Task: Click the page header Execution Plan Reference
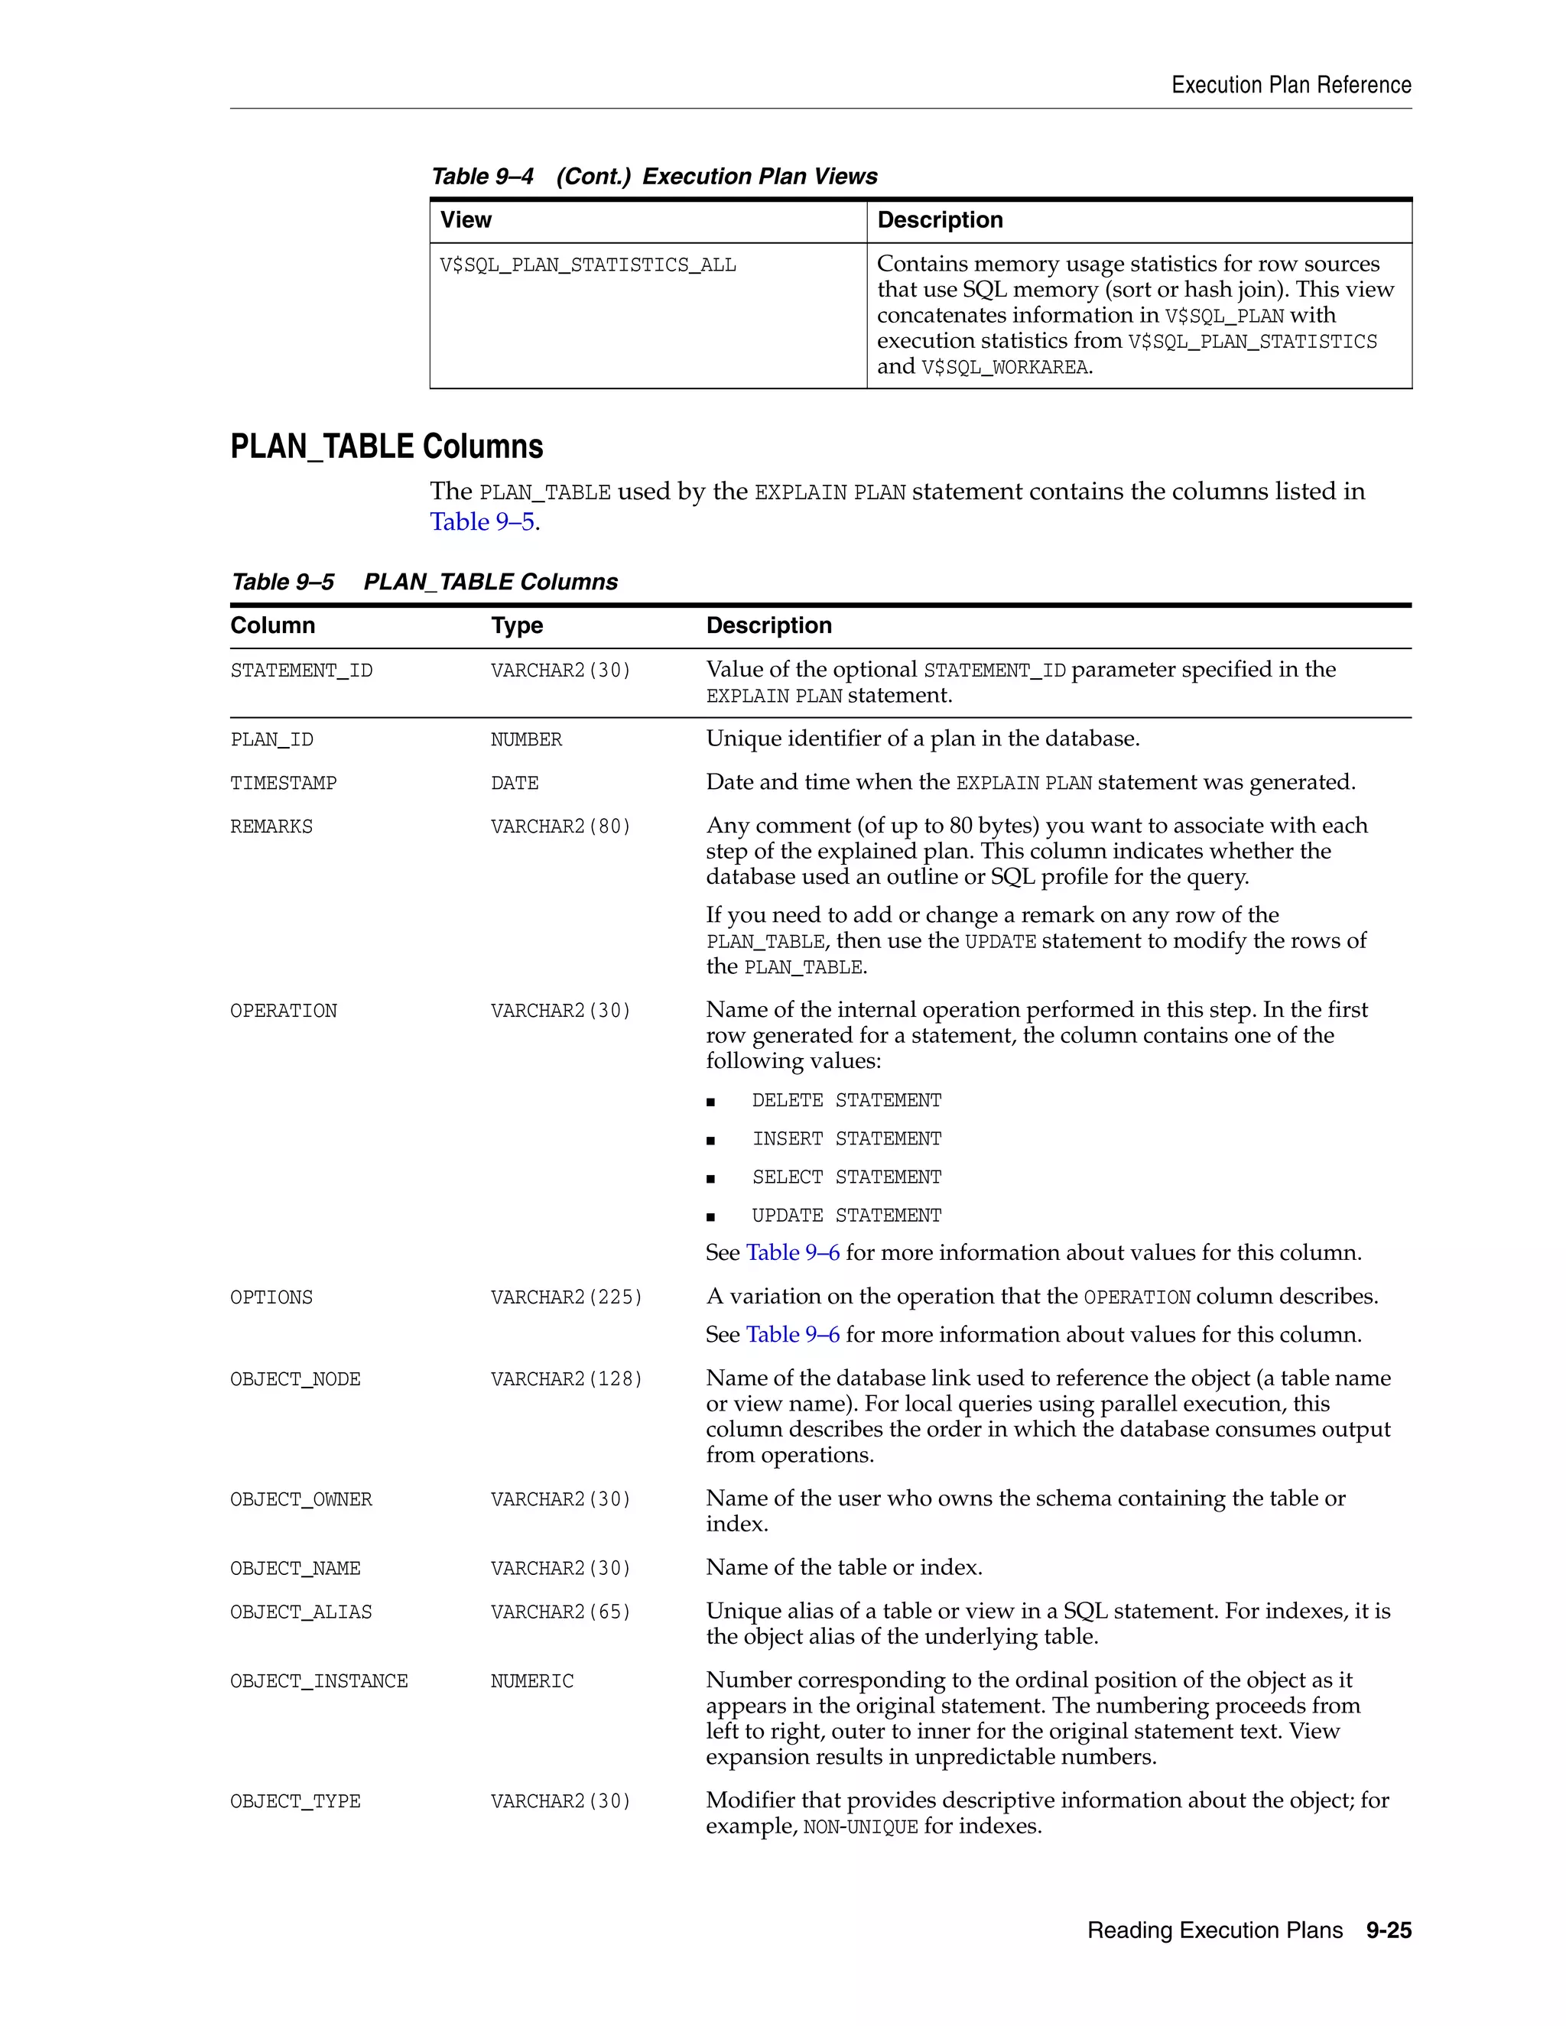pos(1291,86)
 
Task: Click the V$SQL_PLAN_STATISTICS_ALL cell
pos(587,265)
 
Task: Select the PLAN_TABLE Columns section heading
pos(386,446)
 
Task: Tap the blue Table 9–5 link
pos(482,521)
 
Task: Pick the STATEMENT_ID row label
pos(301,670)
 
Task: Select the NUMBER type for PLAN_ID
pos(526,740)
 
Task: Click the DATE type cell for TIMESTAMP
pos(514,784)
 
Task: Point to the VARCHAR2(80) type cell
pos(560,826)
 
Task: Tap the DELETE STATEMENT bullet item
pos(846,1101)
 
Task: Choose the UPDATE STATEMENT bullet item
pos(846,1216)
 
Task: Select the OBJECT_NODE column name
pos(295,1379)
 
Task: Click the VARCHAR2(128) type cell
pos(566,1379)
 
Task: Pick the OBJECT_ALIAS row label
pos(301,1612)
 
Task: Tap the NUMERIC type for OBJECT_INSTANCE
pos(531,1681)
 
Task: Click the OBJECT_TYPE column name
pos(295,1801)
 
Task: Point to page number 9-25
pos(1388,1930)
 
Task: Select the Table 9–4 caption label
pos(482,177)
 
